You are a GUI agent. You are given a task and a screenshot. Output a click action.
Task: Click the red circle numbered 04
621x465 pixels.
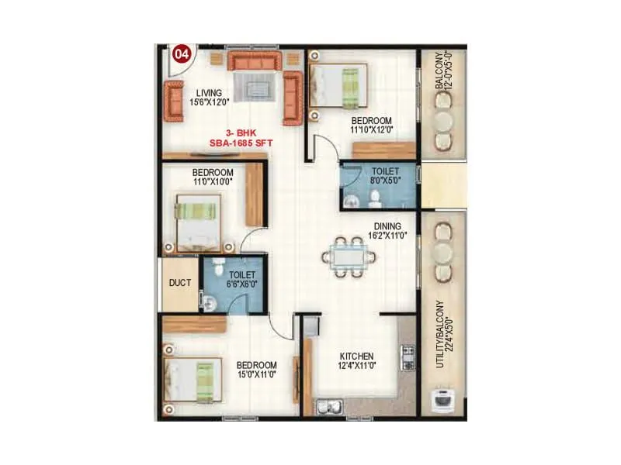coord(182,55)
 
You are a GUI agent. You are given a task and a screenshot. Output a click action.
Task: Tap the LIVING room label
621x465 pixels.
coord(209,91)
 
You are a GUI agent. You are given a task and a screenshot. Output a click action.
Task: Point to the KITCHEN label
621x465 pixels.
coord(356,356)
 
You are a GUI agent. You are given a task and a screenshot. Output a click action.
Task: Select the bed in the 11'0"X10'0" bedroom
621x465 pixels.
coord(198,223)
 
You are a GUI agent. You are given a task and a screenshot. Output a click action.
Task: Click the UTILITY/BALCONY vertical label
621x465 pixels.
coord(441,333)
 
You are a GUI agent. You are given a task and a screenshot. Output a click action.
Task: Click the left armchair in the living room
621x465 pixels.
coord(173,101)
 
